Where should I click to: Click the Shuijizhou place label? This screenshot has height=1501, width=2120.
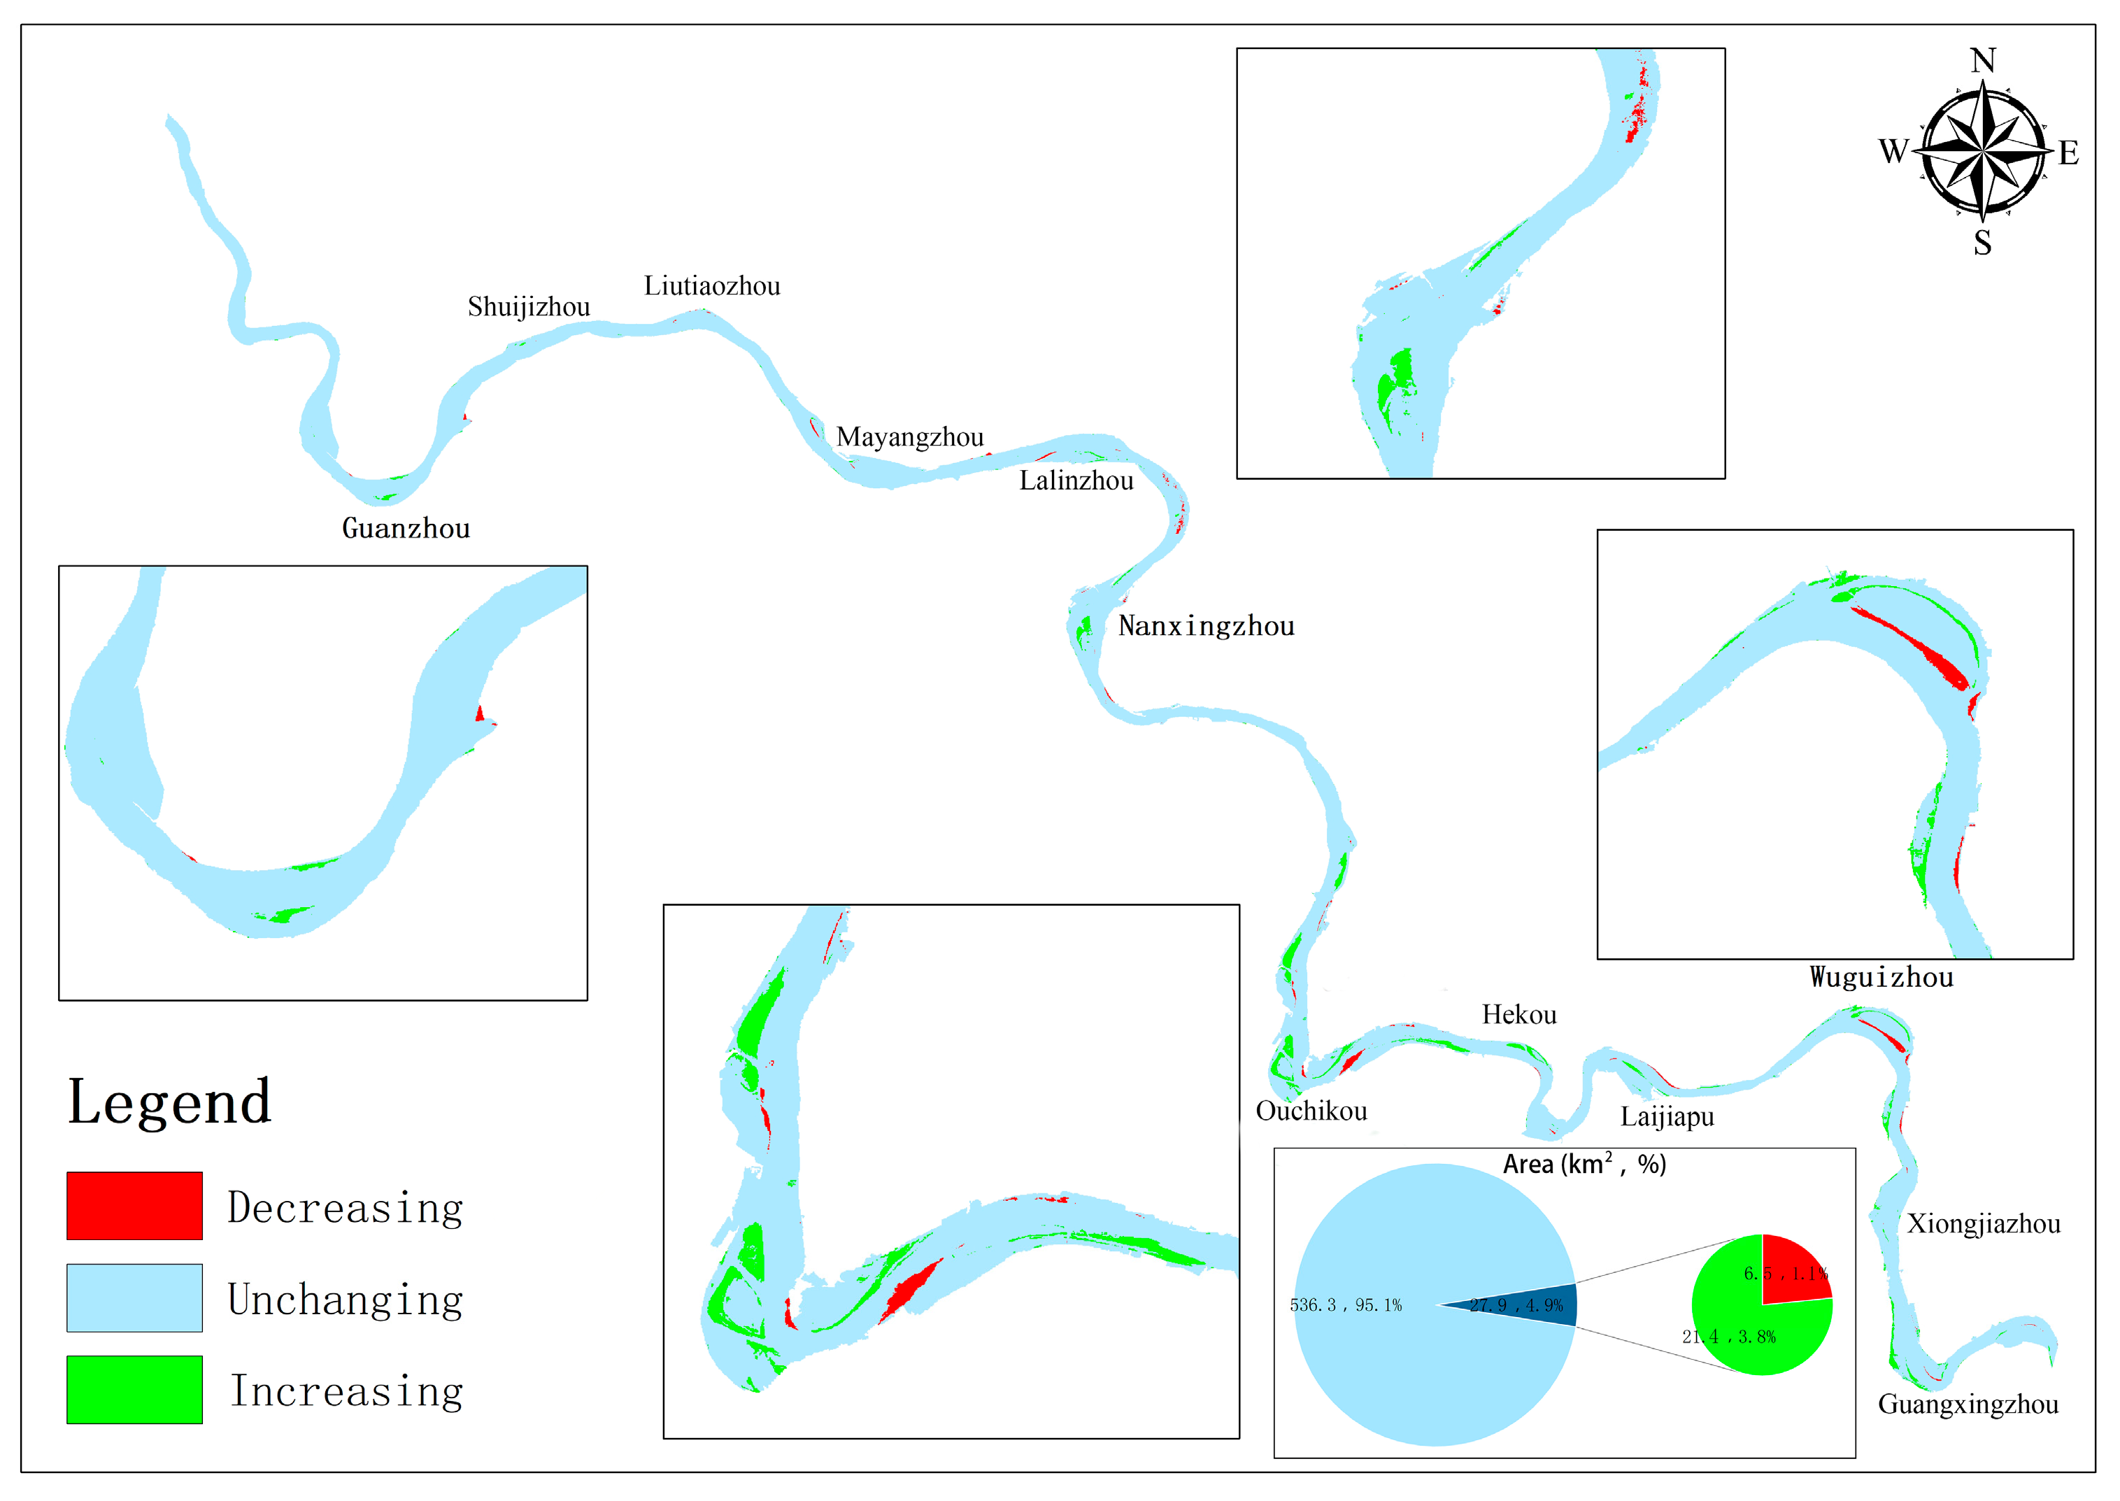click(529, 307)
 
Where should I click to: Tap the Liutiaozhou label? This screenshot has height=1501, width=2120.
click(711, 285)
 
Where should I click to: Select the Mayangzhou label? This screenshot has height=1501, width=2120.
click(909, 437)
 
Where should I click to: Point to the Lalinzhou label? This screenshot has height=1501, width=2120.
click(1076, 481)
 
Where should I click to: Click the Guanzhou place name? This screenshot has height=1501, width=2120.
click(406, 529)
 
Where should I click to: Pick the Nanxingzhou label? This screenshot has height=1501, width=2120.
click(1206, 627)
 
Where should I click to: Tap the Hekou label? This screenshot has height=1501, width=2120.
click(1518, 1015)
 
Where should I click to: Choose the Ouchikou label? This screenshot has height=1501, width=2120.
click(1311, 1111)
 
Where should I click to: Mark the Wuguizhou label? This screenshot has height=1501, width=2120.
click(1881, 978)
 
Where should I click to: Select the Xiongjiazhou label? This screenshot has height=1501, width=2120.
click(1983, 1224)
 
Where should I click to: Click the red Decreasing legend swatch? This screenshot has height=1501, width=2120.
click(134, 1205)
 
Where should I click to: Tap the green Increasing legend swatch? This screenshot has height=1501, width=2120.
click(134, 1389)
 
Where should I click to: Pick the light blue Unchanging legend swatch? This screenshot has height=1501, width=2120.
click(134, 1297)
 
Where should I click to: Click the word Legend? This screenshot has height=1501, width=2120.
click(170, 1102)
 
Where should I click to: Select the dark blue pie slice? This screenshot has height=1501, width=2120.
click(1534, 1304)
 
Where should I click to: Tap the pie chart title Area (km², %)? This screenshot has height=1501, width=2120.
click(1584, 1165)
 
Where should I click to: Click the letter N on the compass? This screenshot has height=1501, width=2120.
click(1982, 61)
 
